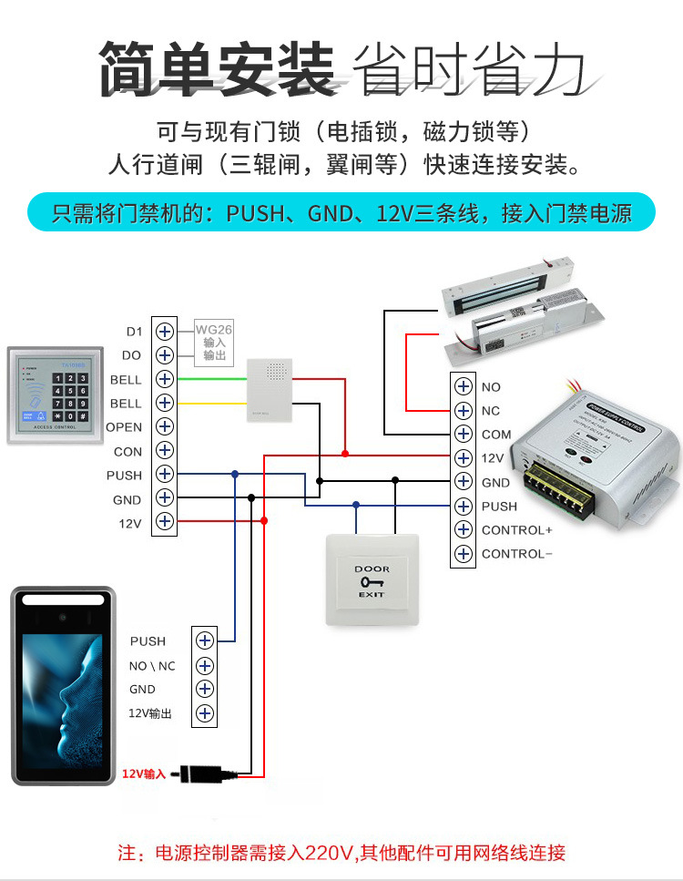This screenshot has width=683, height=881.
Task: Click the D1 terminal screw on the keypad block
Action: tap(165, 331)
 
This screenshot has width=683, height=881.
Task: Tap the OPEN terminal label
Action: tap(124, 426)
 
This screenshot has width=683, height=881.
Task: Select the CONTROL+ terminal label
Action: tap(516, 530)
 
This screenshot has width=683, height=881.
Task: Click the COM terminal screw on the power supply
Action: tap(464, 435)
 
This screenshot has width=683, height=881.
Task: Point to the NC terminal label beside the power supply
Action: tap(491, 411)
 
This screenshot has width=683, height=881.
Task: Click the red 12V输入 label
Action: tap(144, 774)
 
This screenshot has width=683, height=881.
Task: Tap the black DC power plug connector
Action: tap(205, 774)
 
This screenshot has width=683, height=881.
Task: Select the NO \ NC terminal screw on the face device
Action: tap(204, 666)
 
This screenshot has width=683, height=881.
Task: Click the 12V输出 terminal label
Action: tap(150, 713)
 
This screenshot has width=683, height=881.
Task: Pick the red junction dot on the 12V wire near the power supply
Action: tap(345, 453)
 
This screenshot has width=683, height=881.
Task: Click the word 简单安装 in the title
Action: tap(217, 68)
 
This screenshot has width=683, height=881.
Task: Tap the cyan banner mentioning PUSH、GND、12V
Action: tap(341, 214)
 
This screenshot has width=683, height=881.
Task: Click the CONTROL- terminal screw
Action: tap(464, 554)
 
